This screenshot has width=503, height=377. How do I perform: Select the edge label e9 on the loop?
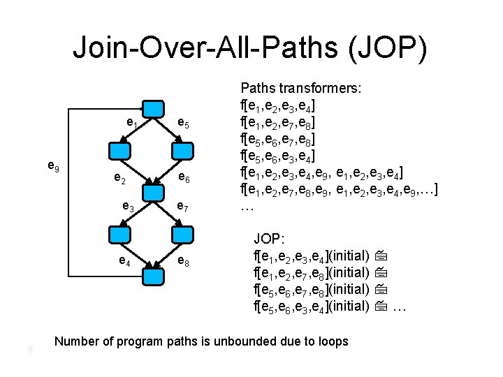52,166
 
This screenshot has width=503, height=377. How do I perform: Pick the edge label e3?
128,207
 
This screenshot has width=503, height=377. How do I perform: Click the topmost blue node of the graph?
152,108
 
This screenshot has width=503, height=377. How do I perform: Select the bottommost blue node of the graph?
152,275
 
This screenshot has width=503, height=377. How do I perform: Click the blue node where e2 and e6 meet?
152,191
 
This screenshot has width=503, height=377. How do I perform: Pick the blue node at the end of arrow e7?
182,235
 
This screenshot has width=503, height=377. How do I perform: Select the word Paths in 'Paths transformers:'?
256,89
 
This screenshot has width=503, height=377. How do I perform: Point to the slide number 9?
29,348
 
